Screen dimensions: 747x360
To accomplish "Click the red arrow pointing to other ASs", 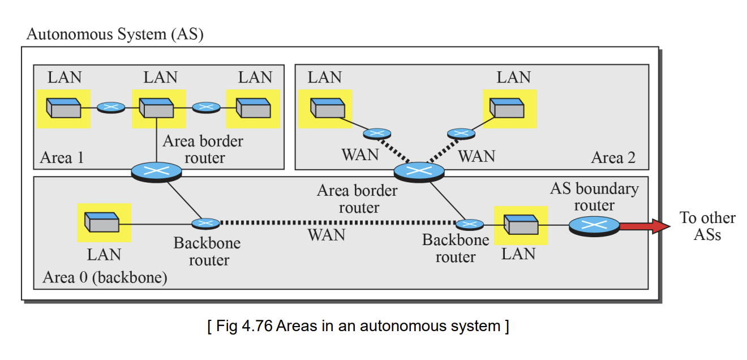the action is tap(645, 226).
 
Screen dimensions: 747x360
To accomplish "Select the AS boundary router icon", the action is tap(594, 226).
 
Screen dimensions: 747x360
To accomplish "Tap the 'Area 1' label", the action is tap(62, 157).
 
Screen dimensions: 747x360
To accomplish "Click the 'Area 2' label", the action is tap(613, 157).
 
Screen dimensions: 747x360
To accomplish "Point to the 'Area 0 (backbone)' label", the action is tap(105, 277).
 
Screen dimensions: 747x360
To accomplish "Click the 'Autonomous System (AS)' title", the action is tap(115, 35).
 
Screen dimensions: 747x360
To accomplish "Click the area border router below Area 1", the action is tap(156, 172).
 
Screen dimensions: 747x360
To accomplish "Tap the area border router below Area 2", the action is tap(419, 172).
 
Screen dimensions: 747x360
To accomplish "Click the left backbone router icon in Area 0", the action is tap(206, 224).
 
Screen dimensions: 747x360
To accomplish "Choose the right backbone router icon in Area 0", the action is tap(470, 225).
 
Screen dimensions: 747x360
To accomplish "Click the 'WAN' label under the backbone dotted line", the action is tap(327, 235).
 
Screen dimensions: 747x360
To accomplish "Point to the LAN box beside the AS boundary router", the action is tap(521, 225).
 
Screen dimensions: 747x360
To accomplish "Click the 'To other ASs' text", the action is tap(707, 226).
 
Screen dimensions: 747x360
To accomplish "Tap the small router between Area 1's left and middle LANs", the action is tap(111, 108).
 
